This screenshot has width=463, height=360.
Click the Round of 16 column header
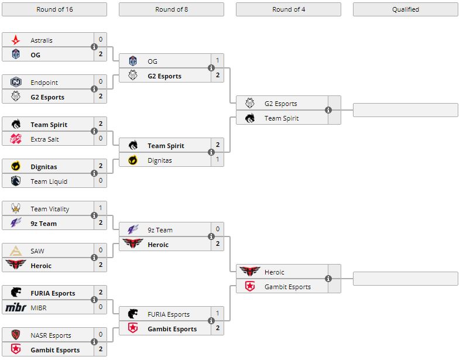(x=54, y=9)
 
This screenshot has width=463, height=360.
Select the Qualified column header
(x=405, y=9)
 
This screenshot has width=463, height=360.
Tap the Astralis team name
(x=42, y=40)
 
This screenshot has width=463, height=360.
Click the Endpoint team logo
(x=16, y=83)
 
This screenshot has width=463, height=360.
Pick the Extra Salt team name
(x=44, y=139)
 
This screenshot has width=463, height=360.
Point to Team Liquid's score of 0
(x=101, y=181)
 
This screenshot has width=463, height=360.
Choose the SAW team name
(x=37, y=251)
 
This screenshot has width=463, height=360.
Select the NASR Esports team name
(x=51, y=335)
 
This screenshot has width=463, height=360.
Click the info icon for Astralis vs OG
(x=94, y=47)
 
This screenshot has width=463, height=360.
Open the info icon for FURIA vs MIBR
(x=94, y=300)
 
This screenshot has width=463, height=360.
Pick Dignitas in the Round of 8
(x=160, y=160)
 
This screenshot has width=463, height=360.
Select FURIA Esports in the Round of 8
(x=169, y=314)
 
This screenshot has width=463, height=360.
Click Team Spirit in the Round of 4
(x=282, y=118)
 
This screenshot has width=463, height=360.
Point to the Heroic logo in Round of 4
(x=250, y=272)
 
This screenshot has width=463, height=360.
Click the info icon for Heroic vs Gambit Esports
(x=328, y=279)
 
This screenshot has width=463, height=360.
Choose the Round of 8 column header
(x=171, y=9)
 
